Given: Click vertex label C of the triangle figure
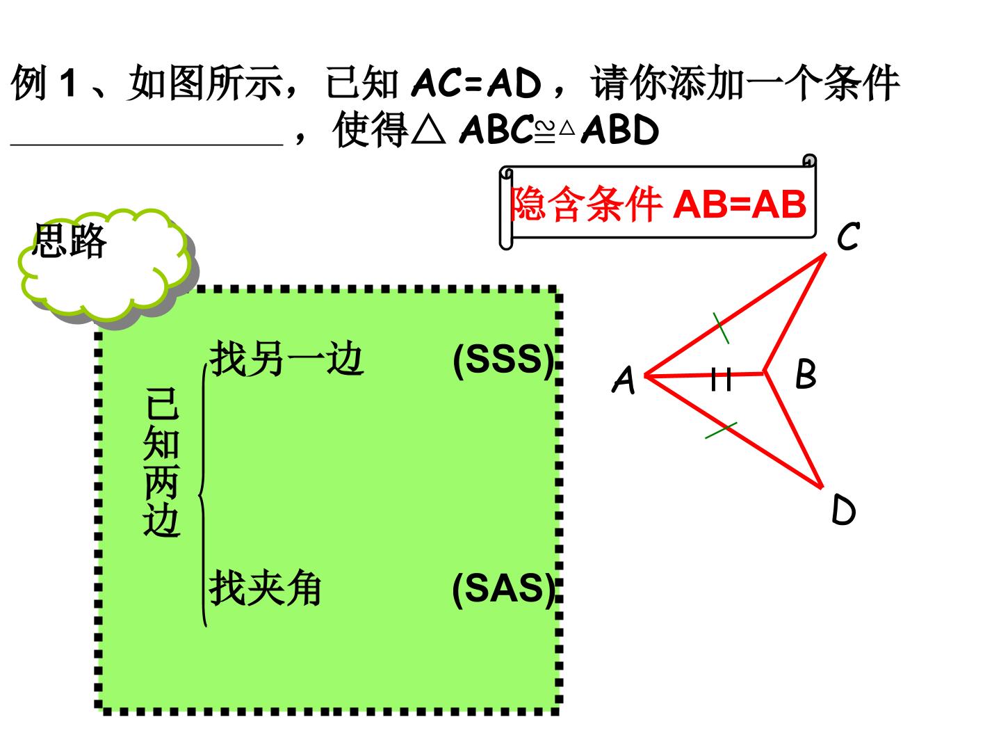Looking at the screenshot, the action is point(848,236).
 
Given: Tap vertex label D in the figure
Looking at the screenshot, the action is point(843,510).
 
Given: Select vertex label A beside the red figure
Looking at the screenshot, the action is point(623,380).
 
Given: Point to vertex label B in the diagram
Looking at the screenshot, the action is point(806,373).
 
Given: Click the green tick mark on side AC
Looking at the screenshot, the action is point(721,328).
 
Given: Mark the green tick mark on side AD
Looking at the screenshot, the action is point(721,431).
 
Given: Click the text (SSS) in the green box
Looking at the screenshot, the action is point(503,360).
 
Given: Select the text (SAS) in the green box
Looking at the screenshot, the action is point(503,589).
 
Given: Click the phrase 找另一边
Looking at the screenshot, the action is point(286,358).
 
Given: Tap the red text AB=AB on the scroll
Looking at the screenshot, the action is point(740,204).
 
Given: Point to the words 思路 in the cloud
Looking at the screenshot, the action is point(70,241).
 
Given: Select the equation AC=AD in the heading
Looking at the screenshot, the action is point(476,83).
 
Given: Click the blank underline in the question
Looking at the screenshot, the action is point(147,145).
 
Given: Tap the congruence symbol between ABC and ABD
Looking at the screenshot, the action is point(545,132).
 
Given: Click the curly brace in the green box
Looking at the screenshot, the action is point(203,495).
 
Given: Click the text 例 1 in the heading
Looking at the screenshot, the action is point(43,83).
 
